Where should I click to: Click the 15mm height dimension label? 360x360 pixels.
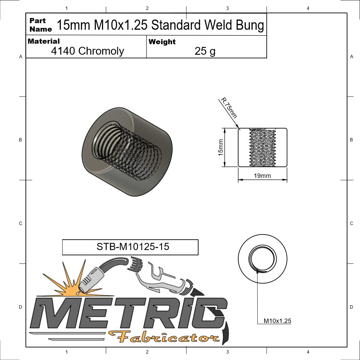point(221,148)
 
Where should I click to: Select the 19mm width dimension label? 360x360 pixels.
point(262,176)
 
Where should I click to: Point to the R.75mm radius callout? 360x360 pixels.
point(229,108)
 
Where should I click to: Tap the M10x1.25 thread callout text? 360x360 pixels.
point(277,321)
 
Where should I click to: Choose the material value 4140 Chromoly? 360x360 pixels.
point(87,51)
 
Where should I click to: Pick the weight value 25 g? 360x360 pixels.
point(205,51)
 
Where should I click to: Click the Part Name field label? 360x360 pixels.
point(40,25)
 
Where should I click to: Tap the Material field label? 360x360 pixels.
point(44,41)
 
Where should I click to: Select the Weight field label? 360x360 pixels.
point(162,42)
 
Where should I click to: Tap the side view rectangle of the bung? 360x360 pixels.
point(262,148)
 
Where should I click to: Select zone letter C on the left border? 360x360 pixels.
point(20,223)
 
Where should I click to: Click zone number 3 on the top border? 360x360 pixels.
point(227,8)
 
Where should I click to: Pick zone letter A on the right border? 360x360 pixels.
point(352,57)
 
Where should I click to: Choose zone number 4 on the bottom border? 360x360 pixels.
point(308,352)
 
